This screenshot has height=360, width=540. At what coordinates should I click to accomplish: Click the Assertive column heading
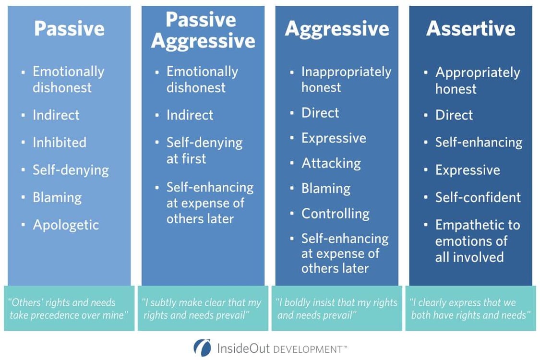pos(470,29)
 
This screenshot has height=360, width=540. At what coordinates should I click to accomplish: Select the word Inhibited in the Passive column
pos(60,143)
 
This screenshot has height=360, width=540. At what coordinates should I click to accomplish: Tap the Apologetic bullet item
pos(66,225)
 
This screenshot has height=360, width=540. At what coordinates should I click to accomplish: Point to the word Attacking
pos(331,163)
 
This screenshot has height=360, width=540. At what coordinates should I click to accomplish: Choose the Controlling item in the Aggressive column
pos(335,214)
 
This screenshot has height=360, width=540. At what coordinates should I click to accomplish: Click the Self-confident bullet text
pos(478,197)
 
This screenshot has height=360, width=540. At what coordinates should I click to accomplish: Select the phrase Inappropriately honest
pos(346,79)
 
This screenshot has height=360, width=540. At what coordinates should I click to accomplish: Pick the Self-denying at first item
pos(204,150)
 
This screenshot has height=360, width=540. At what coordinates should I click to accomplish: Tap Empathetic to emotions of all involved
pos(477,240)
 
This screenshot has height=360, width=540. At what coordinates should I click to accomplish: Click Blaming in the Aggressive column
pos(325,189)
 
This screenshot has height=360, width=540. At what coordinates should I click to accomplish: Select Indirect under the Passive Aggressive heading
pos(190,115)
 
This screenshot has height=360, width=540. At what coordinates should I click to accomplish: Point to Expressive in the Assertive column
pos(467,170)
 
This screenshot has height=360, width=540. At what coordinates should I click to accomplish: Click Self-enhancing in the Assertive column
pos(479,143)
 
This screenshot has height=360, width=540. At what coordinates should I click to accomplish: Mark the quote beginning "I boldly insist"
pos(336,309)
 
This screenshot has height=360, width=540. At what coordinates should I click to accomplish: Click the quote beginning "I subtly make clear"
pos(202,309)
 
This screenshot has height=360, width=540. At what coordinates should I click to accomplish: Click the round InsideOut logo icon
pos(202,348)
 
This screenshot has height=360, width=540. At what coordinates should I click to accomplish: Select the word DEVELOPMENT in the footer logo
pos(307,349)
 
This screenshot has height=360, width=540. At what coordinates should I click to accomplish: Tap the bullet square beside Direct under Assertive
pos(425,115)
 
